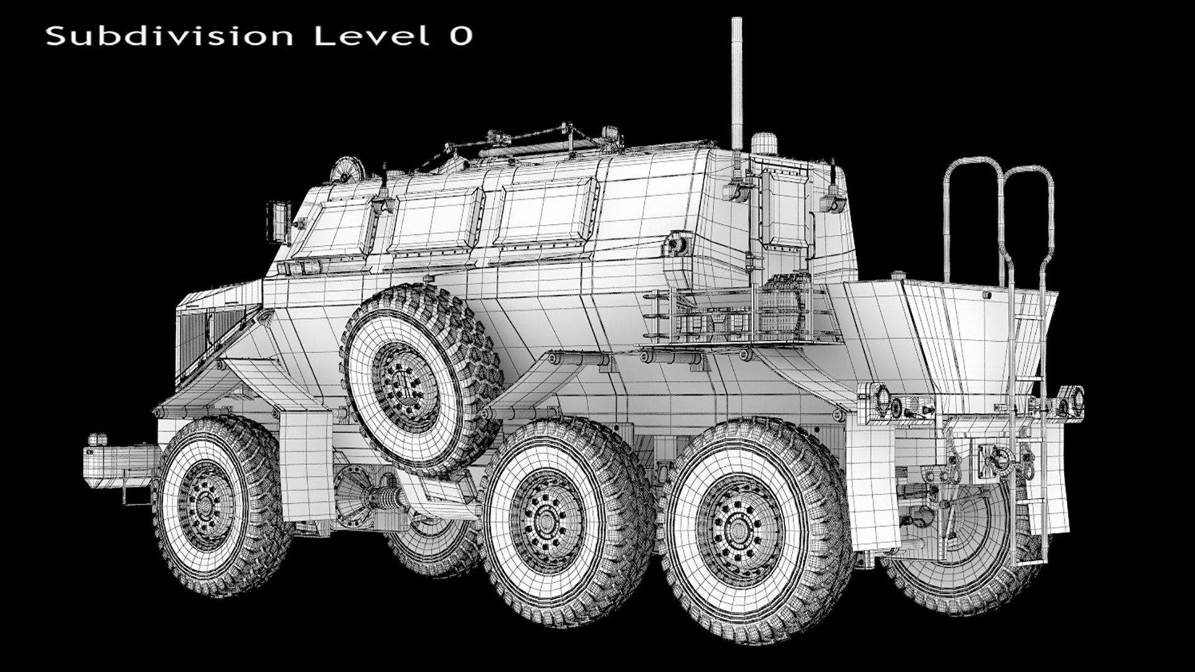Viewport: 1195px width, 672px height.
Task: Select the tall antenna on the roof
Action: (737, 81)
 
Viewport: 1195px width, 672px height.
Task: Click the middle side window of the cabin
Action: (434, 222)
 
